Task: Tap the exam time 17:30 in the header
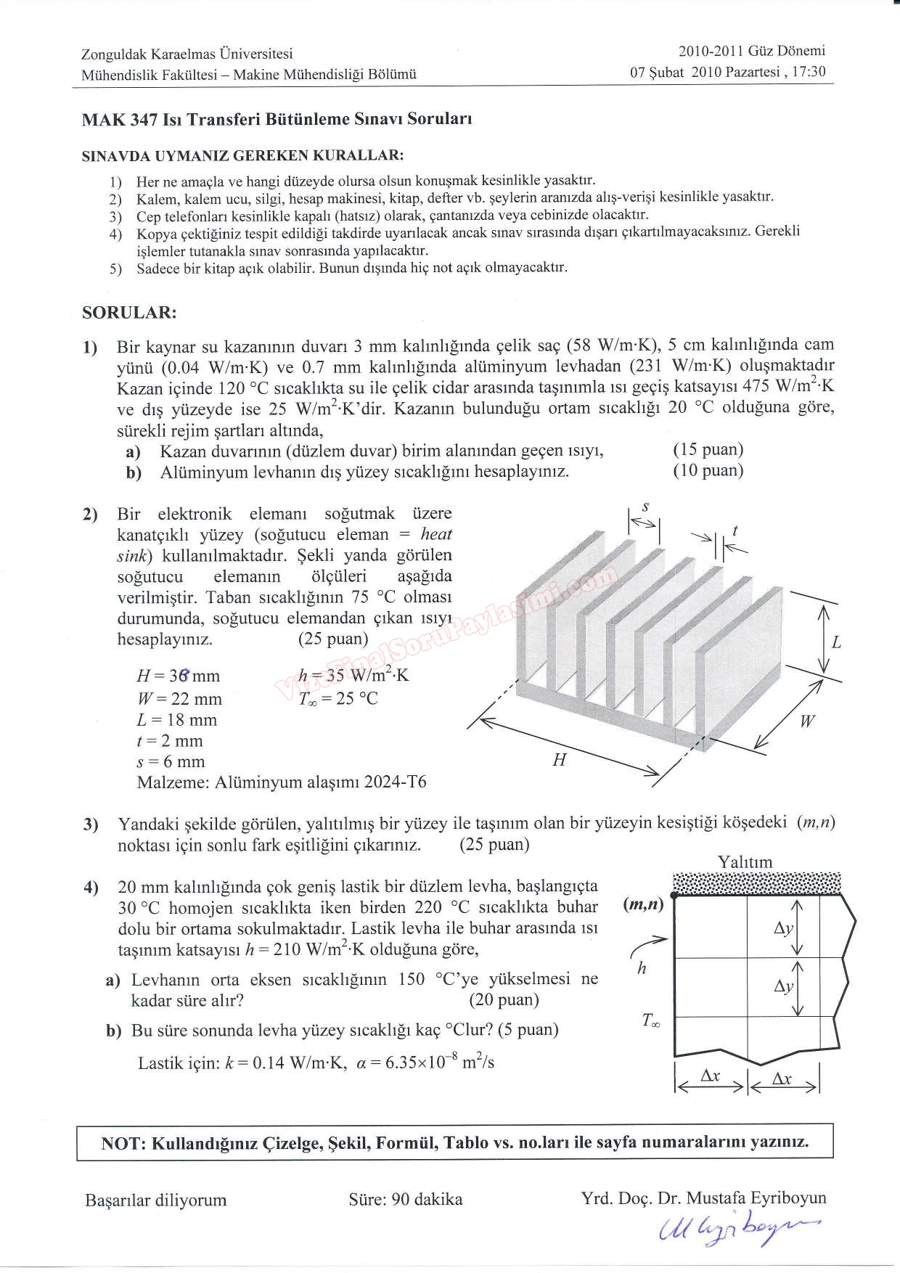tap(810, 72)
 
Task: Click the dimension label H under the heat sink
tap(559, 760)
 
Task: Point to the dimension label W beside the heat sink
tap(806, 721)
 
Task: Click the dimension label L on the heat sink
tap(836, 642)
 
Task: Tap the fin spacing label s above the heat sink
tap(645, 507)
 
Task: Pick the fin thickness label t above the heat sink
tap(735, 532)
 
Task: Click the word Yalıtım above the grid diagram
tap(745, 862)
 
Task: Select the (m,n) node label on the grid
tap(644, 906)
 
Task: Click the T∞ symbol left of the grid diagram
tap(650, 1020)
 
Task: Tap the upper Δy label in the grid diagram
tap(784, 929)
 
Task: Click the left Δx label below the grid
tap(710, 1077)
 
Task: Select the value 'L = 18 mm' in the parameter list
tap(177, 720)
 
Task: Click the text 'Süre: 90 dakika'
tap(405, 1199)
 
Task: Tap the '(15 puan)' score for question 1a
tap(708, 450)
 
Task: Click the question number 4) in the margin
tap(91, 887)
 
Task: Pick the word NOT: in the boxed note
tap(124, 1143)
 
